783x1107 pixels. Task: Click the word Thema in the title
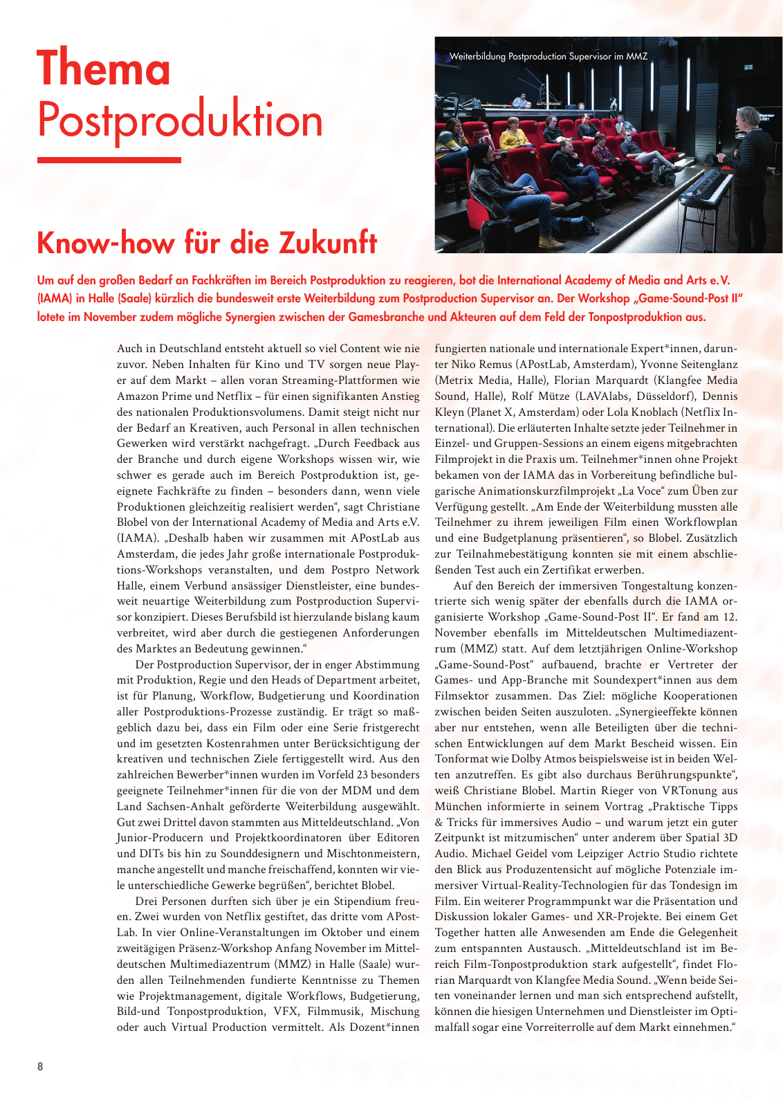pos(104,68)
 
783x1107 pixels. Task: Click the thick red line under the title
pos(109,160)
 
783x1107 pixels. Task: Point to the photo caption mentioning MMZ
pos(548,56)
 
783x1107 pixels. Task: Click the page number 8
pos(40,1066)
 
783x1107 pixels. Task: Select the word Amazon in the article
pos(140,396)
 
